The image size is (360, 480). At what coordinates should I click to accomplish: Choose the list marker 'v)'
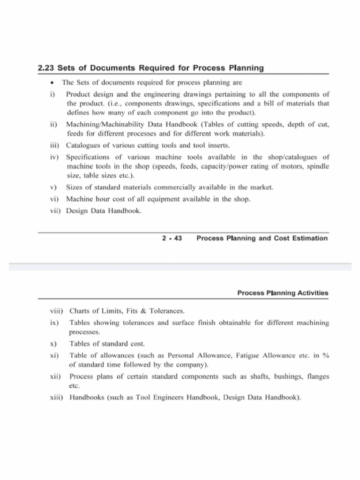[53, 187]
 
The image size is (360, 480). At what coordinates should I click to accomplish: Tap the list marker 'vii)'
[56, 211]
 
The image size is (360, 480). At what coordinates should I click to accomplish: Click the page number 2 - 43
[172, 239]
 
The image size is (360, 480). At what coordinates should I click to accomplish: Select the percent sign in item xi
[326, 356]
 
